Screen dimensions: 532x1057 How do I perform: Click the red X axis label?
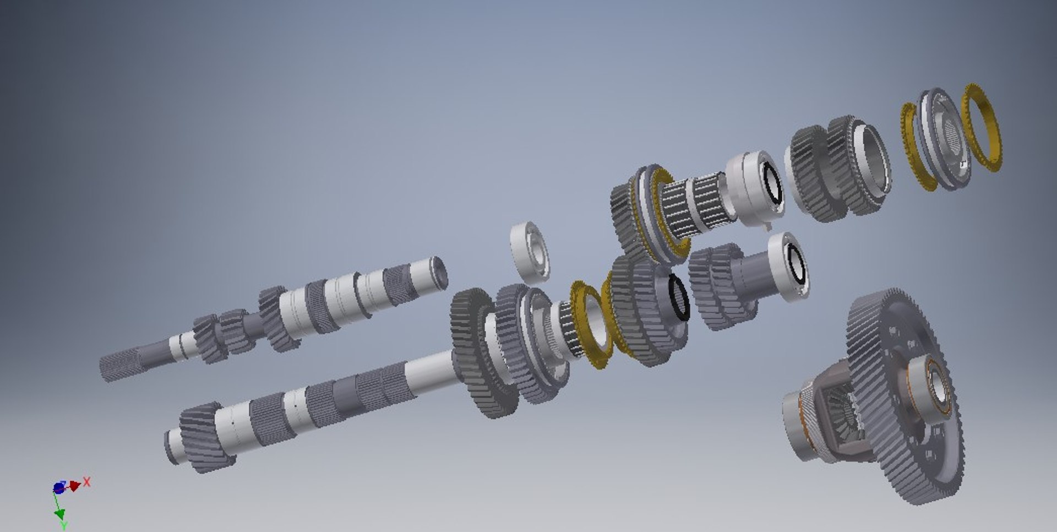(86, 482)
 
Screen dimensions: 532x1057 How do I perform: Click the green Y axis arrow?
(59, 515)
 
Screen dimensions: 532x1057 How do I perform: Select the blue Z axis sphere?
(58, 488)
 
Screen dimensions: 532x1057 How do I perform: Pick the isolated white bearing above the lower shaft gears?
(530, 252)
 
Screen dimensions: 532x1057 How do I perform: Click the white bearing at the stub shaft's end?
(790, 267)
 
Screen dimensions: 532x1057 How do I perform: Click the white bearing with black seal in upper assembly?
(757, 187)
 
